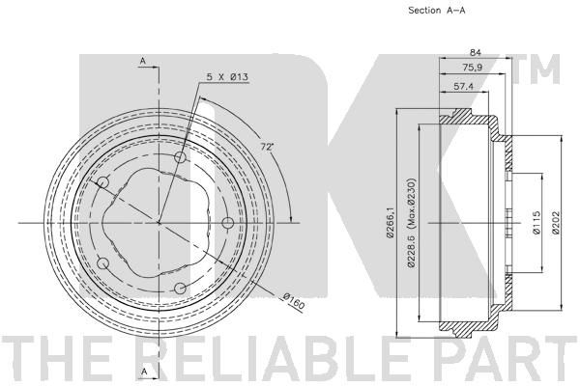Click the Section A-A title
pos(437,11)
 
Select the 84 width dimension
pos(475,52)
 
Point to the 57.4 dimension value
pos(463,87)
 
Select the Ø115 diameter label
pos(536,222)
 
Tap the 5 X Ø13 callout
pos(227,77)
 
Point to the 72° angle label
pos(267,147)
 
